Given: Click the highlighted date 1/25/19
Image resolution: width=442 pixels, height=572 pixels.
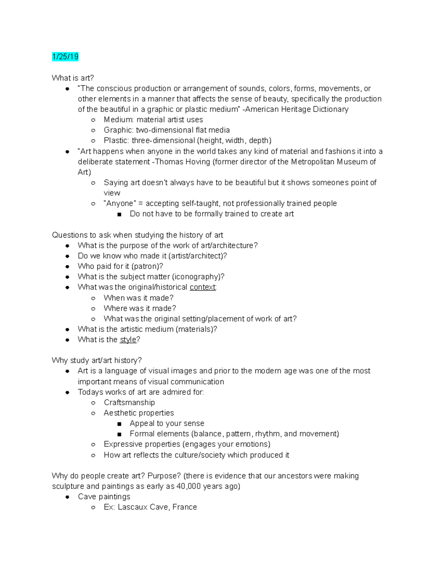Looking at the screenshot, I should [x=65, y=57].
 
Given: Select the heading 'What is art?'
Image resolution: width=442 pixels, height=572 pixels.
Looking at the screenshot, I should [x=73, y=78].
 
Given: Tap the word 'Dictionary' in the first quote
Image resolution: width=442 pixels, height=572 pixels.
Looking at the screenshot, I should [x=330, y=109].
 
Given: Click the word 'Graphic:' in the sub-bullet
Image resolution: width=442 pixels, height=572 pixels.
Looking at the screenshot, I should [x=119, y=130].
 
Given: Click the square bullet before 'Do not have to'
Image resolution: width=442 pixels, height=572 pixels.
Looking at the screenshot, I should [x=119, y=214].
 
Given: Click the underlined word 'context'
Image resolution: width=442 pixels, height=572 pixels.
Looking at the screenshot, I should [x=203, y=287].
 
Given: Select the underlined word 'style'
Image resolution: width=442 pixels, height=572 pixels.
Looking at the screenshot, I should [x=128, y=340].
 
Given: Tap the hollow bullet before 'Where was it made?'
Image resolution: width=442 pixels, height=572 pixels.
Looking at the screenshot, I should [x=94, y=309].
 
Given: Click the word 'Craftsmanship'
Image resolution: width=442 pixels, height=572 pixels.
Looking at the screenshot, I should [x=129, y=403].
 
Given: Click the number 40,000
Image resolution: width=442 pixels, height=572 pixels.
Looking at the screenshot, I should [x=189, y=486].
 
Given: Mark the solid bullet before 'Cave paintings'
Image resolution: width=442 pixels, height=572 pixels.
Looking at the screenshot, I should [x=67, y=497].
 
